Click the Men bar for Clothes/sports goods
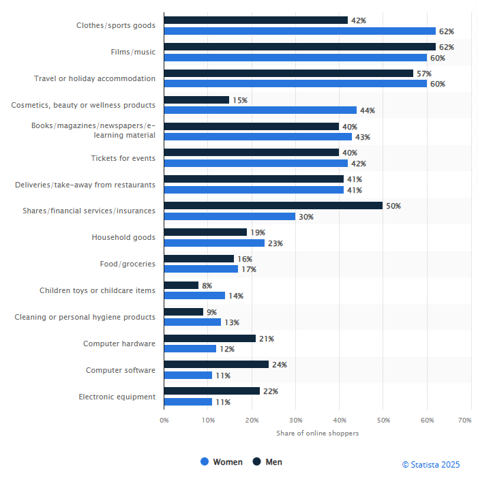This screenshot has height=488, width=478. [x=256, y=20]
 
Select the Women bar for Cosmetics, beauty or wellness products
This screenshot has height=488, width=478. [x=260, y=110]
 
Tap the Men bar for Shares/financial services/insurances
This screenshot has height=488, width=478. [x=273, y=205]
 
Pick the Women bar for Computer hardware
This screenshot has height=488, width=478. [x=190, y=349]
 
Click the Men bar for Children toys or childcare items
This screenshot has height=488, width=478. [x=181, y=286]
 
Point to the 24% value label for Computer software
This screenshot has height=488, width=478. [x=280, y=365]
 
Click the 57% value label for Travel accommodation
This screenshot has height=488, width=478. [x=424, y=73]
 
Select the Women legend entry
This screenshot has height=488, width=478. [x=222, y=462]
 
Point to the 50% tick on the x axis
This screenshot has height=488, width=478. [x=383, y=421]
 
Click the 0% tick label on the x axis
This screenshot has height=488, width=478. [x=164, y=421]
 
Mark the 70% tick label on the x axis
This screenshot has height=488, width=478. [x=464, y=421]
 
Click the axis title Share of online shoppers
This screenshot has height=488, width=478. [x=317, y=433]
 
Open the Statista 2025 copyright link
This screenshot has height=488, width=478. [x=430, y=465]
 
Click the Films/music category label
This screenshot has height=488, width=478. [x=133, y=52]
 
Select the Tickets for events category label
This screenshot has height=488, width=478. [x=123, y=158]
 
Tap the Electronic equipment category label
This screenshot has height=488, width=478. [x=117, y=397]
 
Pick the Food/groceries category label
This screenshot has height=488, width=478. [x=128, y=264]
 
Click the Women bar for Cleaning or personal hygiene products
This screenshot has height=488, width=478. [x=193, y=322]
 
